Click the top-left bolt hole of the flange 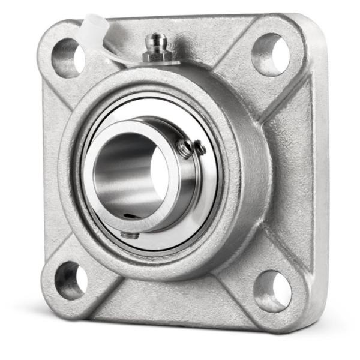tap(68, 57)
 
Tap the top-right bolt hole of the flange tap(270, 54)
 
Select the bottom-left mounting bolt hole tap(71, 280)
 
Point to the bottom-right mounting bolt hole tap(272, 291)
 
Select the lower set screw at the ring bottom tap(129, 235)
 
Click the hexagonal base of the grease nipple tap(157, 56)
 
